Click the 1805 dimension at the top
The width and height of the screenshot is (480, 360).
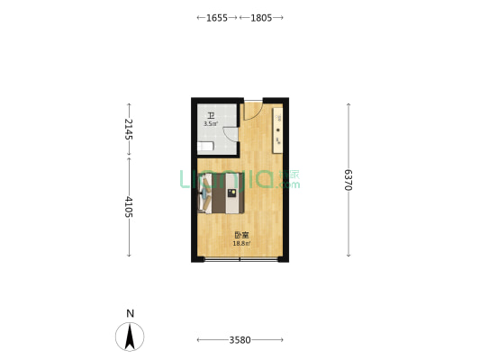tap(261, 17)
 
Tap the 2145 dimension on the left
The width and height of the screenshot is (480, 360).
tap(129, 129)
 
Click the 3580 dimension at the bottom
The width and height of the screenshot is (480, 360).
tap(240, 339)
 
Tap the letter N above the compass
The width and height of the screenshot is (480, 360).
tap(131, 313)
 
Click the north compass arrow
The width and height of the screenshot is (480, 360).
tap(131, 337)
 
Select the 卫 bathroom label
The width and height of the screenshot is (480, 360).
tap(211, 115)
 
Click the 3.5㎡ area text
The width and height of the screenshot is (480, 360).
tap(211, 123)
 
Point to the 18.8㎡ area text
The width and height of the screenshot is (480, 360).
tap(240, 244)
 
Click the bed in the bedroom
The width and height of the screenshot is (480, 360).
tap(222, 193)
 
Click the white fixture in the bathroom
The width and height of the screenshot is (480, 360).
tap(206, 146)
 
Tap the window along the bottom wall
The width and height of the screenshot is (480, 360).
tap(240, 259)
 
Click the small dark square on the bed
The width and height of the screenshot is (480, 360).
tap(231, 192)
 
